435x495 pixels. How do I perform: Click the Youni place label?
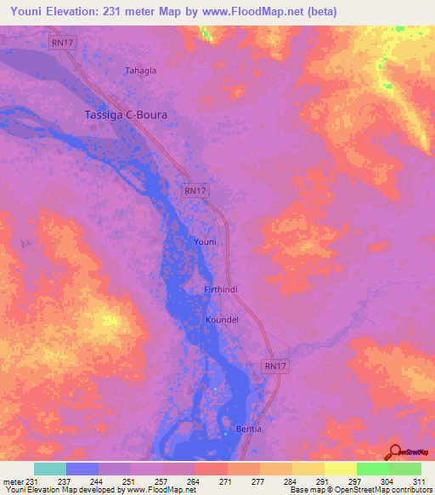[x=206, y=242]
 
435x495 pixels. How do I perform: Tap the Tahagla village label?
[x=141, y=71]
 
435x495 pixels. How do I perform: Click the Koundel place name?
[x=222, y=320]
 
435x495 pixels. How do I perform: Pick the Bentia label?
[x=248, y=428]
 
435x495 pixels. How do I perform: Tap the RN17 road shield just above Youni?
[x=195, y=191]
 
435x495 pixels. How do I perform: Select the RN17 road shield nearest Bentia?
[x=271, y=365]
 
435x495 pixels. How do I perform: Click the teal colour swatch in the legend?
[x=50, y=469]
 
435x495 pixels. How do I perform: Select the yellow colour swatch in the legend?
[x=341, y=469]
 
